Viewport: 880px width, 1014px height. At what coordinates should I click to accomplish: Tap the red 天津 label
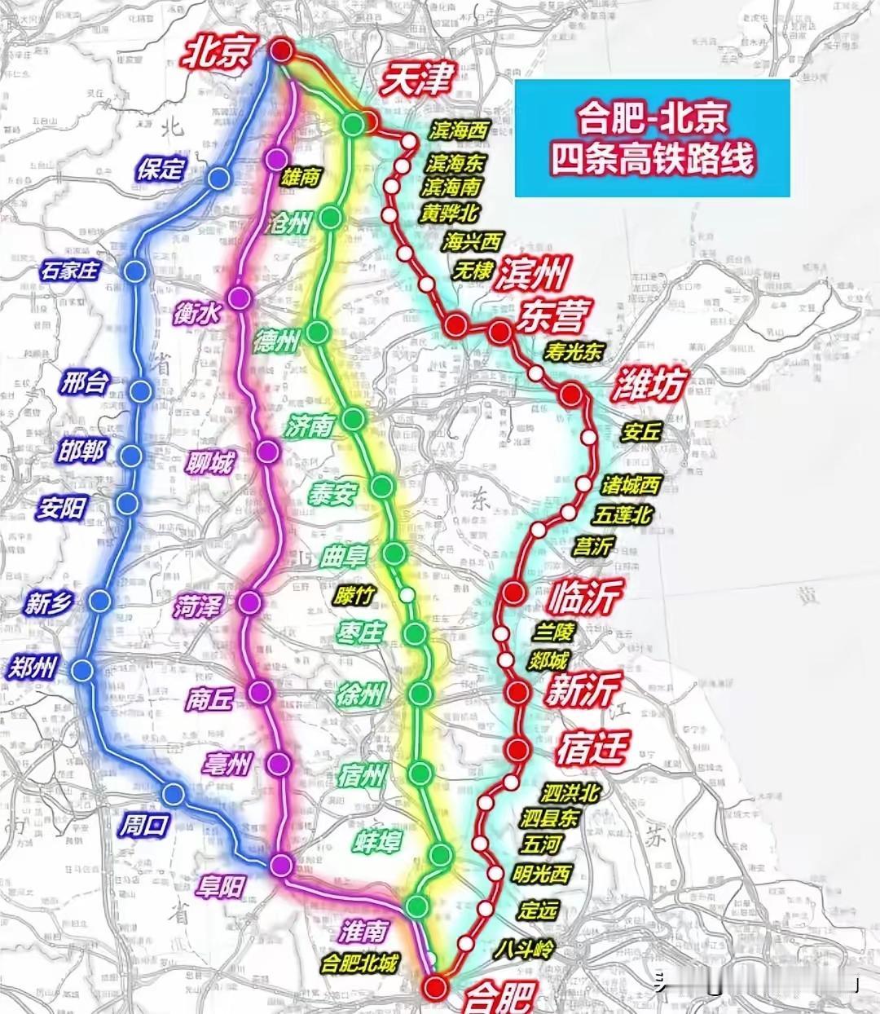pyautogui.click(x=416, y=80)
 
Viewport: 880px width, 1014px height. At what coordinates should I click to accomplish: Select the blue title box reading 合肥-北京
pyautogui.click(x=652, y=138)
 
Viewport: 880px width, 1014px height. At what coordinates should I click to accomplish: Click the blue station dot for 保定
pyautogui.click(x=218, y=179)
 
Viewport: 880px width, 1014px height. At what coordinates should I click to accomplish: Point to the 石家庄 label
pyautogui.click(x=70, y=270)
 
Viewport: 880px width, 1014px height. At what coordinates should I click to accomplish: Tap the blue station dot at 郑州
pyautogui.click(x=82, y=671)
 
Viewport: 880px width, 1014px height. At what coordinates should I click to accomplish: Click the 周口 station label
pyautogui.click(x=144, y=825)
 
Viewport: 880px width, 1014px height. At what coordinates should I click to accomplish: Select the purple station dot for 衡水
pyautogui.click(x=240, y=298)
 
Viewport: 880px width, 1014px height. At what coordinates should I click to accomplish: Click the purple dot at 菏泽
pyautogui.click(x=249, y=602)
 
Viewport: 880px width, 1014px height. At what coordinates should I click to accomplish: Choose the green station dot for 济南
pyautogui.click(x=354, y=419)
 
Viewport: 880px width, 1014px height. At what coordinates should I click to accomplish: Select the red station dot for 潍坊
pyautogui.click(x=572, y=395)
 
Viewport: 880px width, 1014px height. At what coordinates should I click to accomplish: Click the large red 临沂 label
pyautogui.click(x=585, y=597)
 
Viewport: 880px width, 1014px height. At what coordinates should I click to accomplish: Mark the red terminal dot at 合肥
pyautogui.click(x=436, y=987)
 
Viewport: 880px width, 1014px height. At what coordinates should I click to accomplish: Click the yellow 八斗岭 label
pyautogui.click(x=524, y=949)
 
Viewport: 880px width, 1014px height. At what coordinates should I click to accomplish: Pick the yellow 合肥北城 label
pyautogui.click(x=359, y=963)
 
